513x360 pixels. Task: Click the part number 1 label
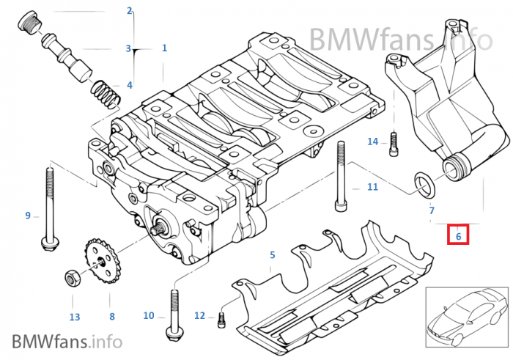[x=164, y=48]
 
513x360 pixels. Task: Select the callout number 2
[x=130, y=11]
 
